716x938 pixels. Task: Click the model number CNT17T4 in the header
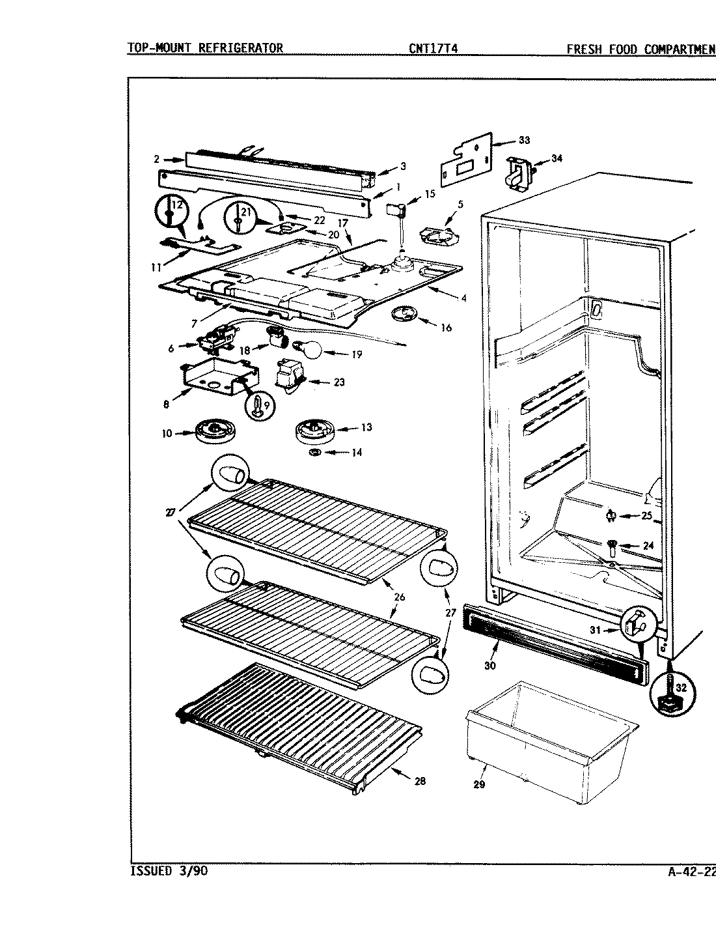tap(434, 48)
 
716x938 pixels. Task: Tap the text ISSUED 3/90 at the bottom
tap(169, 871)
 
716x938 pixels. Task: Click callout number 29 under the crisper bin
tap(479, 784)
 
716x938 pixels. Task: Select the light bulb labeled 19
tap(310, 350)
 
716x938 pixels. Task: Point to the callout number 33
tap(524, 139)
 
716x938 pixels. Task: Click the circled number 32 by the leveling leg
tap(680, 686)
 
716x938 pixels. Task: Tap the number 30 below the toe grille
tap(489, 666)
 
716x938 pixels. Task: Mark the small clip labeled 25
tap(611, 517)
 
